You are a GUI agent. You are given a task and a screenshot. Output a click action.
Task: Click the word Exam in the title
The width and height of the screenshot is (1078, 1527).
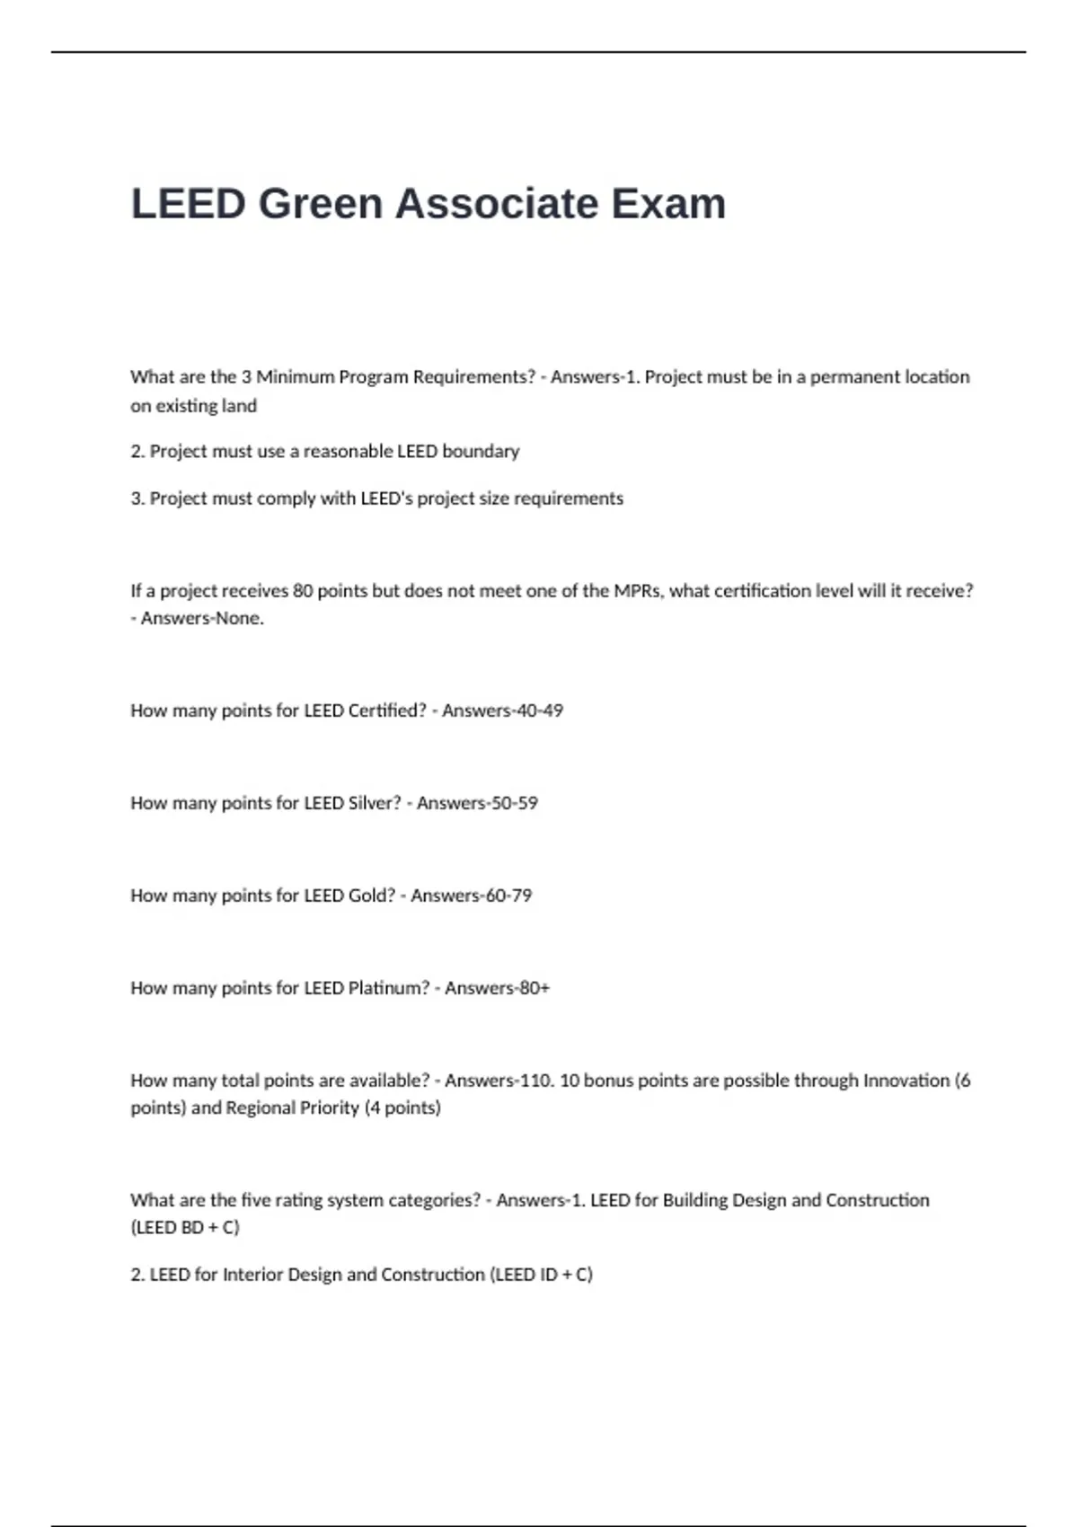[x=668, y=203]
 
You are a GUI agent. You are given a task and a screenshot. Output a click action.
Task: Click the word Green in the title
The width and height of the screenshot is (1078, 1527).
[x=321, y=203]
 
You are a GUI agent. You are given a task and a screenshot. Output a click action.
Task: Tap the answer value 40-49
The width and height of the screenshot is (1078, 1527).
[x=538, y=711]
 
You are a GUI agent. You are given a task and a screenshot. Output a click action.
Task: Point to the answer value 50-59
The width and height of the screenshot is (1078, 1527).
[x=513, y=803]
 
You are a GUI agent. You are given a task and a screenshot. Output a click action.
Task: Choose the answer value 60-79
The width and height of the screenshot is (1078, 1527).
[x=508, y=896]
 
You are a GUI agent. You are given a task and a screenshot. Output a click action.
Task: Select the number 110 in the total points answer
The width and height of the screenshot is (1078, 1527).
[x=536, y=1081]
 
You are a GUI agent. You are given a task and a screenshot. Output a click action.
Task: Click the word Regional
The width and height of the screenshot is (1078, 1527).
[x=260, y=1108]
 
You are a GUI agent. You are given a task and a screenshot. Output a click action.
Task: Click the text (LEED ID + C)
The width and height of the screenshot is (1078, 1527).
[x=542, y=1275]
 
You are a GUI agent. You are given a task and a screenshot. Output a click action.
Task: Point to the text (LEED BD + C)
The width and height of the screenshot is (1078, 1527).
[x=185, y=1227]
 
